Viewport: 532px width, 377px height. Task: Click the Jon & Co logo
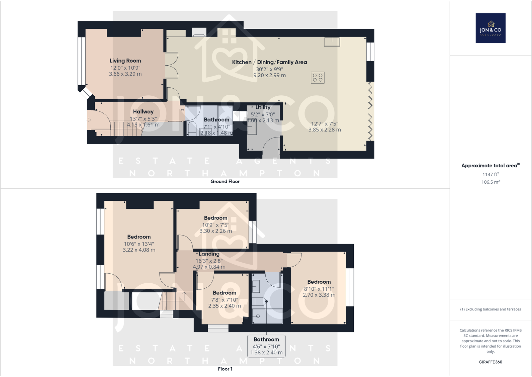[x=490, y=28]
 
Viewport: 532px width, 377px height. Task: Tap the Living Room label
[x=125, y=61]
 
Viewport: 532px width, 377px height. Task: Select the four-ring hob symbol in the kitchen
[x=317, y=78]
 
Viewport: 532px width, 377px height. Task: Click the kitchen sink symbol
[x=332, y=42]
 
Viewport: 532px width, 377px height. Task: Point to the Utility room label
[x=263, y=107]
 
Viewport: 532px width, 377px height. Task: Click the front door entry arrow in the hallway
[x=89, y=120]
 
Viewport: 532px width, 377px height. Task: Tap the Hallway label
[x=143, y=112]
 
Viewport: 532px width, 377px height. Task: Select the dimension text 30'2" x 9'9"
[x=269, y=69]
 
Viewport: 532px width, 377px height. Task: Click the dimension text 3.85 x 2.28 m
[x=324, y=130]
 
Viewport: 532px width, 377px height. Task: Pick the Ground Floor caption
[x=225, y=181]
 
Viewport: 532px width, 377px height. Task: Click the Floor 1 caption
[x=225, y=369]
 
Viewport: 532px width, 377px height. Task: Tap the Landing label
[x=209, y=254]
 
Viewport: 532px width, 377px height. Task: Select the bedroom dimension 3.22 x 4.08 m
[x=139, y=250]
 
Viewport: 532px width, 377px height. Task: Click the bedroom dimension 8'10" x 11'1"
[x=319, y=289]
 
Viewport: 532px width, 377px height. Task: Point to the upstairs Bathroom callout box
[x=266, y=346]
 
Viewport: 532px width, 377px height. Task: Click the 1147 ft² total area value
[x=490, y=174]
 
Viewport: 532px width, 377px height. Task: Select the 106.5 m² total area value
[x=490, y=182]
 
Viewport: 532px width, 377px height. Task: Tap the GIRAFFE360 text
[x=490, y=362]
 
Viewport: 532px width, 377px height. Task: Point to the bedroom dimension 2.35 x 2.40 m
[x=224, y=306]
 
